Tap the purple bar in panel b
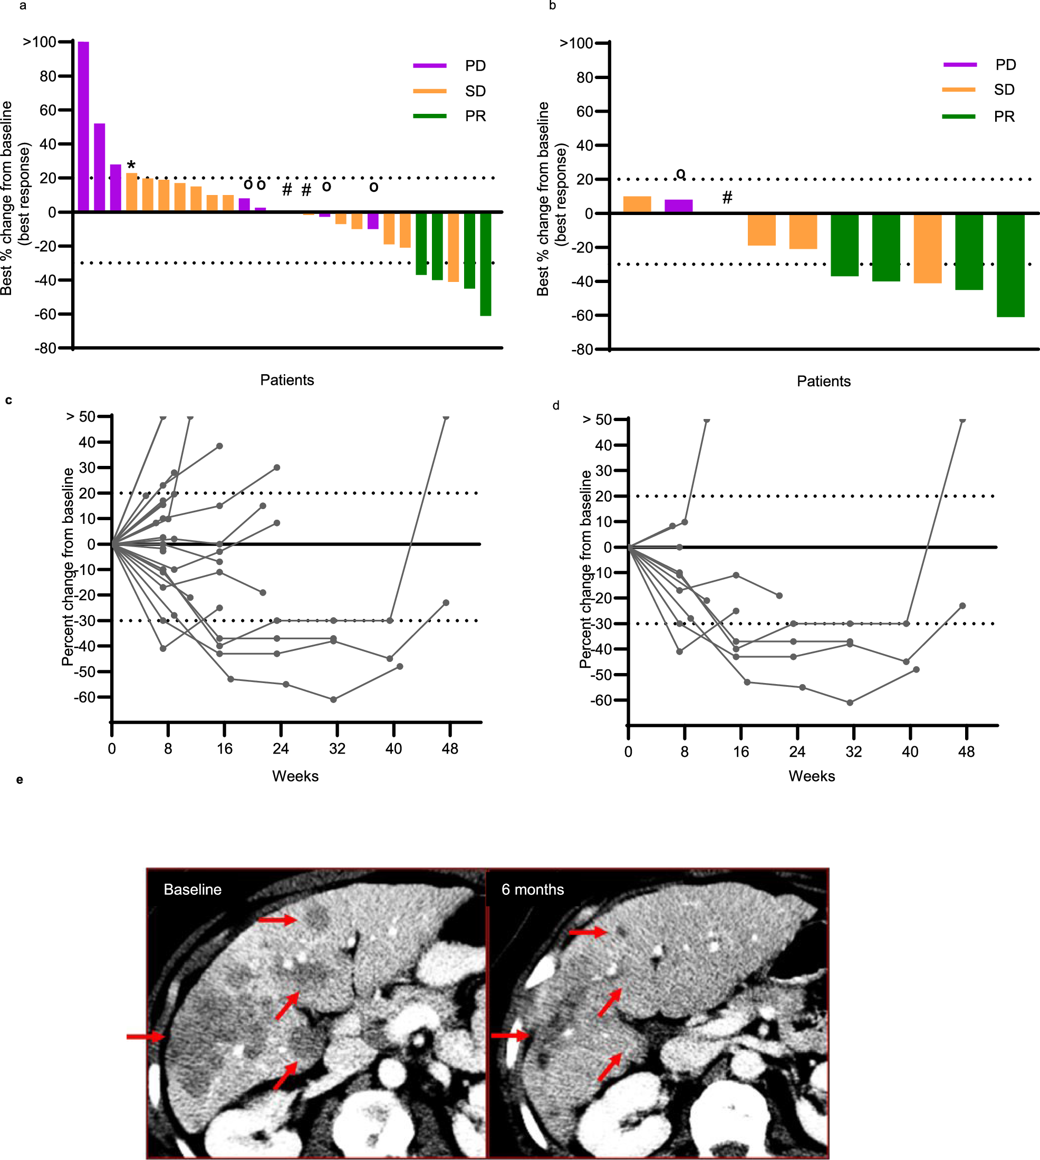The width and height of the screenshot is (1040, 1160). pyautogui.click(x=678, y=206)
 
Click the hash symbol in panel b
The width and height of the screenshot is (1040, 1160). pyautogui.click(x=727, y=198)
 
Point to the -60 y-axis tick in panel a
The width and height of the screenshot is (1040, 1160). pyautogui.click(x=45, y=314)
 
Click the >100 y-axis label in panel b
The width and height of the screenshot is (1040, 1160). pyautogui.click(x=576, y=43)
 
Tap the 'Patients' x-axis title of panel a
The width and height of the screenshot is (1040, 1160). pyautogui.click(x=287, y=380)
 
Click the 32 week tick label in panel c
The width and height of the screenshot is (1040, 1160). pyautogui.click(x=337, y=748)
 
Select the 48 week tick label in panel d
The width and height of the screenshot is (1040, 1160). pyautogui.click(x=966, y=752)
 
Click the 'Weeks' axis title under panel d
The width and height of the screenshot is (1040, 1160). pyautogui.click(x=812, y=776)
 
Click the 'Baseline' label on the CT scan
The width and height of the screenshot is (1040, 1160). pyautogui.click(x=192, y=889)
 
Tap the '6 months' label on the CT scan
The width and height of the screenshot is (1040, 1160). pyautogui.click(x=533, y=889)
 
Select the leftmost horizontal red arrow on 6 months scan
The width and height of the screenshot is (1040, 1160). pyautogui.click(x=511, y=1035)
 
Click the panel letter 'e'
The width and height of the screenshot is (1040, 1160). pyautogui.click(x=20, y=779)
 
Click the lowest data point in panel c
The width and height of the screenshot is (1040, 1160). pyautogui.click(x=334, y=699)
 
